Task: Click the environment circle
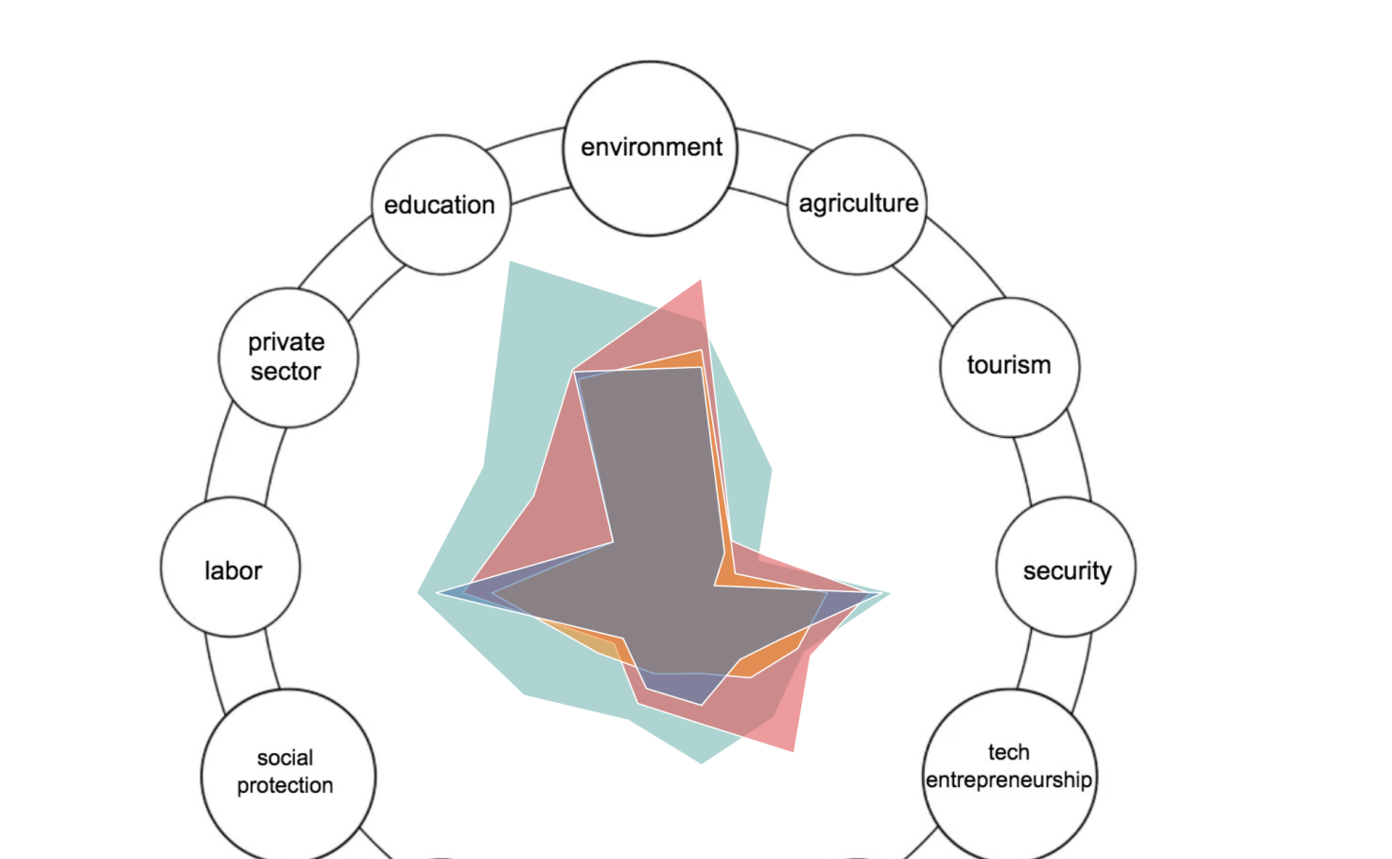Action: pos(650,149)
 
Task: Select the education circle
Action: pos(442,204)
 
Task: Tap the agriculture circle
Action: pos(858,204)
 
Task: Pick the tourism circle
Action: pos(1010,367)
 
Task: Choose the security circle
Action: pos(1067,567)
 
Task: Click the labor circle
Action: pos(231,567)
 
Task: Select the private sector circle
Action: pos(288,358)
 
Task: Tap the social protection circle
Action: pos(288,777)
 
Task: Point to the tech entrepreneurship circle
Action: pos(1010,777)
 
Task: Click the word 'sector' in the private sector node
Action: pos(286,372)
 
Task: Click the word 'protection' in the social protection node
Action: pos(286,785)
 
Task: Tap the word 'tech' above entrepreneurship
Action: pos(1009,752)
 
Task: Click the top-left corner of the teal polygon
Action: pos(510,261)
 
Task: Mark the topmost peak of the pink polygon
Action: pos(701,280)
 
